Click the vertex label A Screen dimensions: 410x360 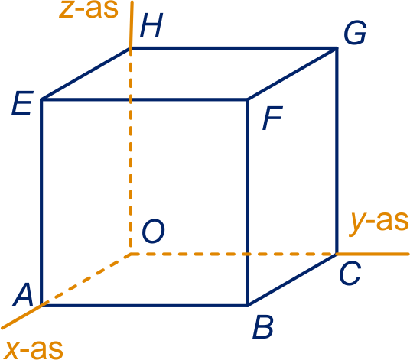click(x=23, y=295)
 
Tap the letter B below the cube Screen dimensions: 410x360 click(x=263, y=327)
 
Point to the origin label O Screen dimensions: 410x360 click(x=153, y=231)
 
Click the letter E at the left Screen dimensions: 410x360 click(x=22, y=102)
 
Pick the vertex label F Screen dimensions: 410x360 click(x=272, y=118)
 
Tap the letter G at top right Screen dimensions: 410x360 click(x=355, y=32)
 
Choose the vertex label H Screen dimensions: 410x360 click(x=151, y=24)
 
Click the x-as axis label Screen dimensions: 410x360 click(x=34, y=349)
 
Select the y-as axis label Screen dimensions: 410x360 click(x=379, y=222)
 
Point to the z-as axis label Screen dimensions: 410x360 click(x=89, y=9)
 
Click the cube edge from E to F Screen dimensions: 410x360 click(x=145, y=99)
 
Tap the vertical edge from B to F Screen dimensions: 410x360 click(x=248, y=203)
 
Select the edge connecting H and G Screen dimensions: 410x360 click(x=234, y=48)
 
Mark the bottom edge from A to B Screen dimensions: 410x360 click(x=145, y=305)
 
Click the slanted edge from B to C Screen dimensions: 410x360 click(x=292, y=279)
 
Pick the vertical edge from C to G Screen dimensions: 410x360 click(x=337, y=151)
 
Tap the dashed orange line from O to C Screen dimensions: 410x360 click(x=233, y=254)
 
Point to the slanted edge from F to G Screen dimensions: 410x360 click(x=292, y=74)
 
